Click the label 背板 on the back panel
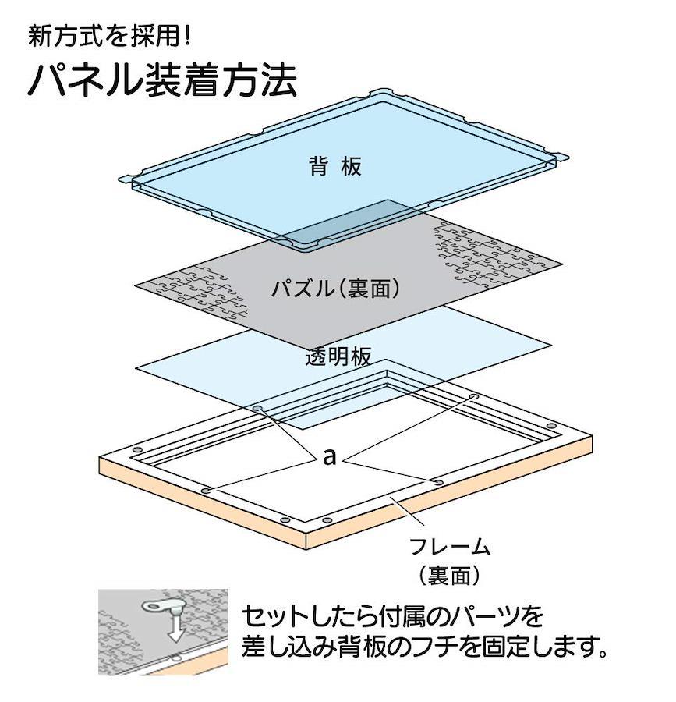(x=335, y=167)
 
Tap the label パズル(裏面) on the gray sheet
(x=335, y=289)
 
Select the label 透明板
(x=338, y=356)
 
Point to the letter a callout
(x=329, y=457)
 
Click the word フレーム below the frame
(x=450, y=547)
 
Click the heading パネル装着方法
(x=162, y=80)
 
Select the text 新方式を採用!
(x=110, y=36)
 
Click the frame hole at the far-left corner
(x=137, y=449)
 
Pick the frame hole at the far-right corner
(x=551, y=424)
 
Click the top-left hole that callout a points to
(x=257, y=408)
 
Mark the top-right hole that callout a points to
(x=473, y=397)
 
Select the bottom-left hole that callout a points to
(x=206, y=491)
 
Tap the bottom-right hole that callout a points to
(x=438, y=482)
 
